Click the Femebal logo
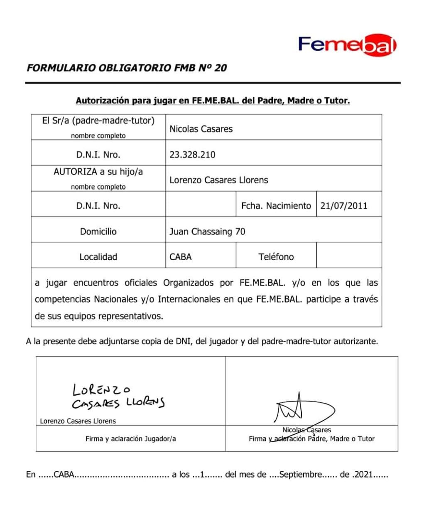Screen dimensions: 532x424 [x=347, y=44]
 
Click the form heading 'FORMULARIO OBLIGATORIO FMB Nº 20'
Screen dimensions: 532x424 [x=127, y=68]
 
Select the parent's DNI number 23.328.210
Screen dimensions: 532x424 [x=192, y=155]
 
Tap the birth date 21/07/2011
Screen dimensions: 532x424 [x=343, y=206]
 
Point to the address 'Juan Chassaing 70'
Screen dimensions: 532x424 [x=207, y=232]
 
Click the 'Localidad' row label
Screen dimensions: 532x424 [x=98, y=257]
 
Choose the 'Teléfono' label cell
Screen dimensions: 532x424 [x=276, y=257]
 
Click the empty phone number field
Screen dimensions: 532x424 [x=349, y=256]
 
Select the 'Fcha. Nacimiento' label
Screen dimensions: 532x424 [x=276, y=206]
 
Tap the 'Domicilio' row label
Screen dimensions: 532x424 [x=98, y=232]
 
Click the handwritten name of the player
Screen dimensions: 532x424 [x=118, y=397]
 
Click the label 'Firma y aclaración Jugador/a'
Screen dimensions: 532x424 [x=130, y=438]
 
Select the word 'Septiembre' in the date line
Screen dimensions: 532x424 [x=301, y=474]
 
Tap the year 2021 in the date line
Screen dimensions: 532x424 [x=364, y=474]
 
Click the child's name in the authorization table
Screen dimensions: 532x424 [x=218, y=180]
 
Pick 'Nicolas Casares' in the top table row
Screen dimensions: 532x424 [x=201, y=129]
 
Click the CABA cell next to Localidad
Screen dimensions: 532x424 [x=181, y=257]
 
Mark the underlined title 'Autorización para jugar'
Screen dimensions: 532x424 [x=213, y=101]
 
